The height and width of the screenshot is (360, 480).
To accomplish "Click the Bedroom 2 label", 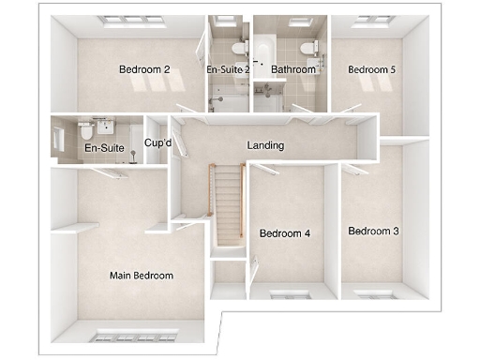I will (144, 69).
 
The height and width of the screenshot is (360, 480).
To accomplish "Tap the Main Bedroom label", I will (142, 276).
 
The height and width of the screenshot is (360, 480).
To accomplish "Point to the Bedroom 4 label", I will (285, 233).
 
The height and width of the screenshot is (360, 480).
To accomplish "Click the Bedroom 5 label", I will (371, 69).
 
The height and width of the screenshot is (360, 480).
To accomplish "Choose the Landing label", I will (265, 146).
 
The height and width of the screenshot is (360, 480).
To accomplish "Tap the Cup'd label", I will (157, 143).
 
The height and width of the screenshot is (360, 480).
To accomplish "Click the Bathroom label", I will (292, 69).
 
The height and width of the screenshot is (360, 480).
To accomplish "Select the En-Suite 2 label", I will (228, 69).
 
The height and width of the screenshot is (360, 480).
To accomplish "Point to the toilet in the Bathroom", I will (307, 48).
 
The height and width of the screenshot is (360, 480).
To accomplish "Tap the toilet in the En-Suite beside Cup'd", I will (86, 130).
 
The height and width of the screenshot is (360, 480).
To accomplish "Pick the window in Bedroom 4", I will (290, 293).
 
